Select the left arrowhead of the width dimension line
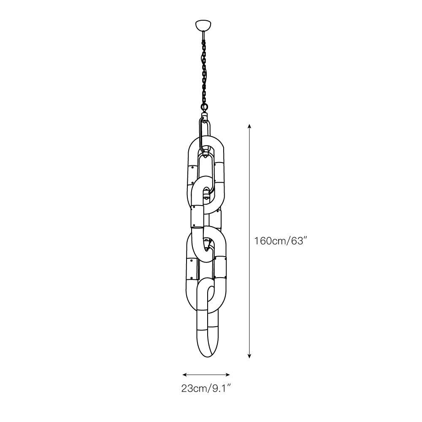tap(184, 374)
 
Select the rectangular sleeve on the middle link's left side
tap(197, 216)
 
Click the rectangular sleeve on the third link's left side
tap(192, 268)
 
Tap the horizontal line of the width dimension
tap(206, 374)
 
